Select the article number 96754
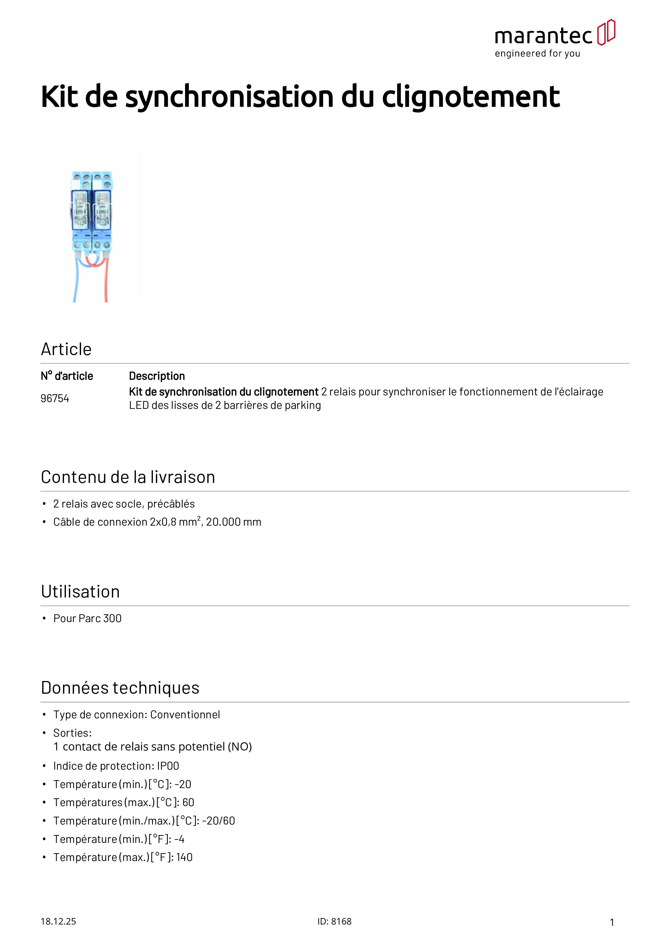click(55, 398)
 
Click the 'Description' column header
click(157, 376)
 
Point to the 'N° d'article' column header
click(67, 376)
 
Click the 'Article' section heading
click(66, 349)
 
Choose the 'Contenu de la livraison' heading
click(128, 477)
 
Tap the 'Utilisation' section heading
click(81, 592)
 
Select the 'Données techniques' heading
click(120, 688)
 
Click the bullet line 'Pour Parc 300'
click(88, 619)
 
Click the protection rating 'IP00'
click(168, 766)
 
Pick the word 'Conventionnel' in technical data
click(185, 715)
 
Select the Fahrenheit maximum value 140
click(184, 857)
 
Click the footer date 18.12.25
click(58, 922)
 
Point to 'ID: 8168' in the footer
click(334, 922)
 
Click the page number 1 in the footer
click(612, 922)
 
